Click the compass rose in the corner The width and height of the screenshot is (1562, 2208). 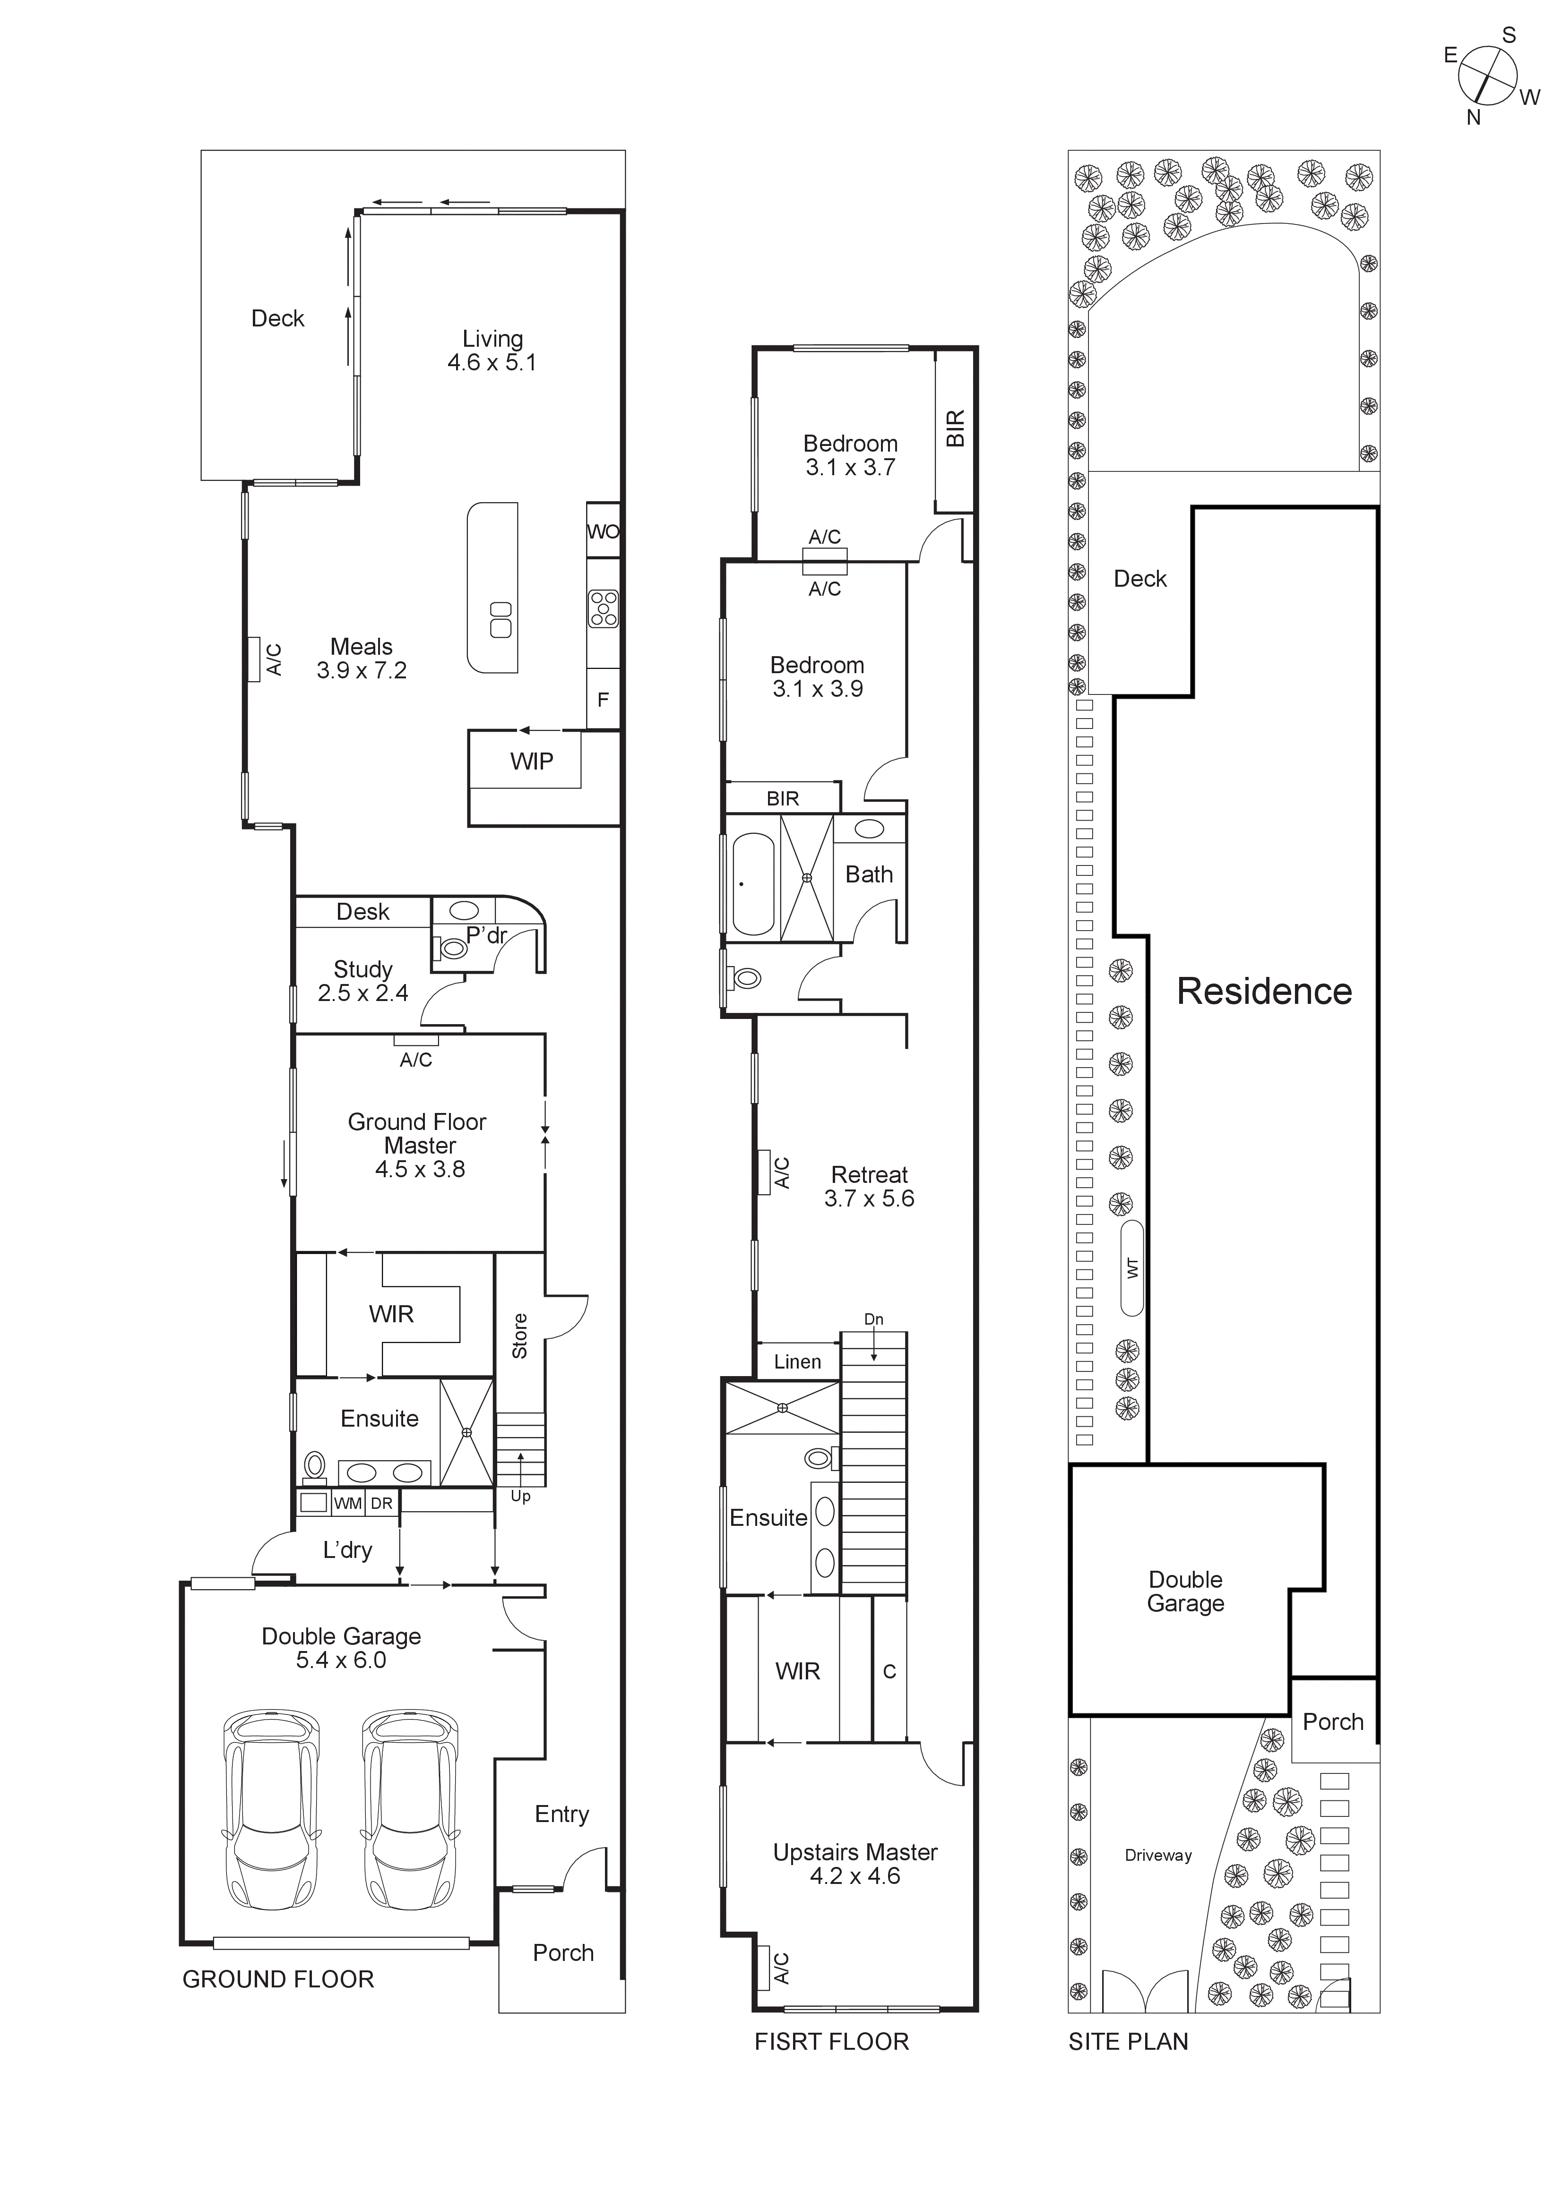(x=1487, y=77)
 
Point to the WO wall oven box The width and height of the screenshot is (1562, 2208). (x=603, y=531)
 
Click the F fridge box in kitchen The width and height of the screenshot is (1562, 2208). (x=603, y=700)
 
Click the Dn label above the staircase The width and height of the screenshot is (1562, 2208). (x=873, y=1319)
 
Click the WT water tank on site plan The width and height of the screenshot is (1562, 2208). (x=1132, y=1268)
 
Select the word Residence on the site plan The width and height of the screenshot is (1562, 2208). (x=1264, y=992)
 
